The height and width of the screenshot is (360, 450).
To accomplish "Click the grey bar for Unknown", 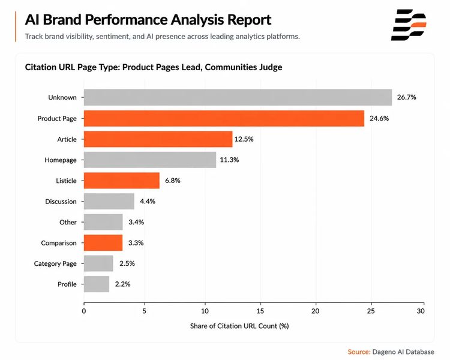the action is [x=238, y=97].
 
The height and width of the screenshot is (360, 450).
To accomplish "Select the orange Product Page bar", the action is [x=224, y=118].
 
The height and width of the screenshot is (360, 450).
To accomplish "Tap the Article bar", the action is [x=158, y=139].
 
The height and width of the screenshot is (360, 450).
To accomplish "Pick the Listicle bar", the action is [x=122, y=181].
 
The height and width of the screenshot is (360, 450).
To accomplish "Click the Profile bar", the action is [x=97, y=284].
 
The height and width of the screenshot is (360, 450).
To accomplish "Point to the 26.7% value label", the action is [x=406, y=97].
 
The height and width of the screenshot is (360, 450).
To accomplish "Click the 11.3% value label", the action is [x=229, y=160].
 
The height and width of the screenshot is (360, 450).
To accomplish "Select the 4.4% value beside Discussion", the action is [x=148, y=201].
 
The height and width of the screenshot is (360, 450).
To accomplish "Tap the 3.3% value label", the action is [x=136, y=243].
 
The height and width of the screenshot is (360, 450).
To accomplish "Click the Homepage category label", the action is [x=61, y=160].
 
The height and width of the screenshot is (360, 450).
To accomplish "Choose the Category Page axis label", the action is [x=55, y=263].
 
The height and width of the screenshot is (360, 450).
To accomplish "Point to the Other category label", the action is [x=68, y=222].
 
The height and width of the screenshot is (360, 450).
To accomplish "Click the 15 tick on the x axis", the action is [x=260, y=311].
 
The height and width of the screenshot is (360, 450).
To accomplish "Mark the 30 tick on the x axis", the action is [x=421, y=311].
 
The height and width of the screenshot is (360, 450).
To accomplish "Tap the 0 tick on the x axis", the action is [x=84, y=311].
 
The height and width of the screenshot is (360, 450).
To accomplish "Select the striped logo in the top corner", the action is [x=409, y=25].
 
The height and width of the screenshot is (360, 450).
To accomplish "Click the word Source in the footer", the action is [x=359, y=352].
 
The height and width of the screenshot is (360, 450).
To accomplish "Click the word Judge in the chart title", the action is [x=271, y=67].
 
